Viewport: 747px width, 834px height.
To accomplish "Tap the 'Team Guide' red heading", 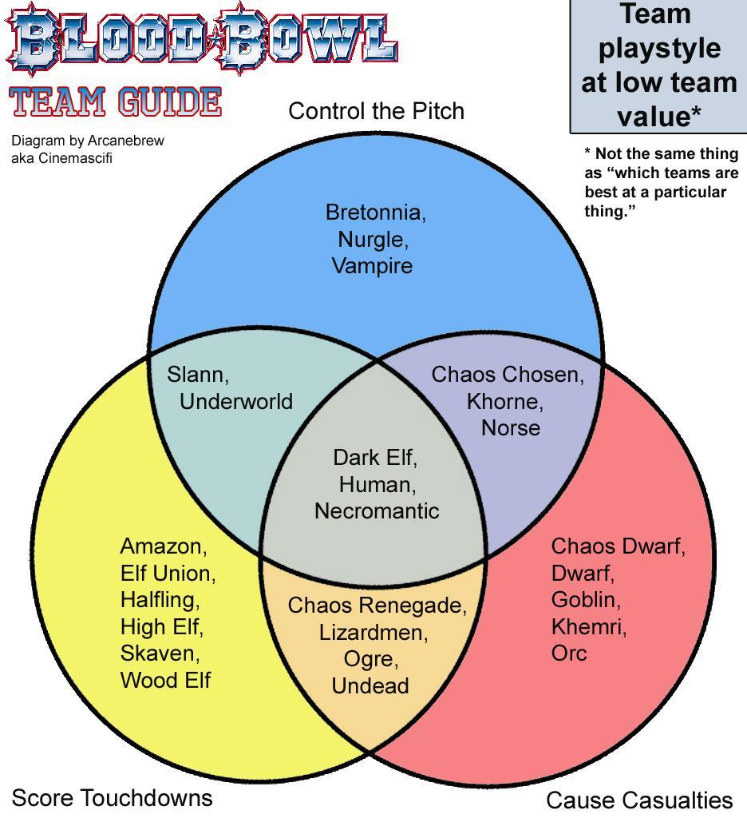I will [116, 102].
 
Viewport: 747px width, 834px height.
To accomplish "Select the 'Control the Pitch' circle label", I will [376, 111].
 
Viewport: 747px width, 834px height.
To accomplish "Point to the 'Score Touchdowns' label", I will [112, 797].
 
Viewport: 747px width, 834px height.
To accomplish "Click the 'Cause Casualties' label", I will [638, 800].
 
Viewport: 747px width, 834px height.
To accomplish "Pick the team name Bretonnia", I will [374, 212].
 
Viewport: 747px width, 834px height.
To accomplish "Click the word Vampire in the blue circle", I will [372, 265].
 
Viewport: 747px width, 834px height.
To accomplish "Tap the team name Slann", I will [197, 374].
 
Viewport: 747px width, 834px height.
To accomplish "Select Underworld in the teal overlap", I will [235, 401].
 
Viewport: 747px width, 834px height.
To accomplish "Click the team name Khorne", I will [504, 401].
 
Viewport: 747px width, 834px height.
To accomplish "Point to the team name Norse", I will [510, 427].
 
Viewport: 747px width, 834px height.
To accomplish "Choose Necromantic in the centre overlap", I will [377, 510].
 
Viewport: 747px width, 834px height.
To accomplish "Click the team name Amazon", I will [162, 546].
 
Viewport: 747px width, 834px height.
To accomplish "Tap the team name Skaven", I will [159, 653].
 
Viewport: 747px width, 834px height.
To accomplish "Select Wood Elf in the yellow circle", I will [165, 680].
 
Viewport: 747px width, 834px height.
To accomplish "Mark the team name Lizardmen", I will [373, 633].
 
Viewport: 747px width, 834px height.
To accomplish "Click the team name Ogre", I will [370, 659].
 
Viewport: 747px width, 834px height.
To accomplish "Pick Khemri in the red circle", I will [588, 626].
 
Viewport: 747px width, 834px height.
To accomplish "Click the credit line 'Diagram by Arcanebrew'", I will [87, 141].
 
